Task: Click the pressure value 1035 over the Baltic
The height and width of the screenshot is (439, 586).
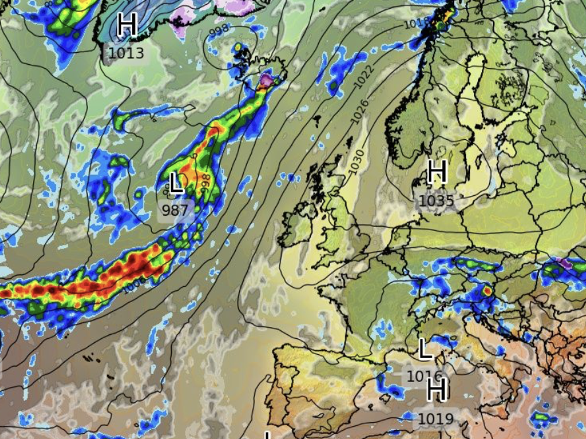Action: coord(436,201)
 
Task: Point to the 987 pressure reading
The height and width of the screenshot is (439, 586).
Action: coord(175,210)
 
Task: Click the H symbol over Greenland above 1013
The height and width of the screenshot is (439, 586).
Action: coord(127,25)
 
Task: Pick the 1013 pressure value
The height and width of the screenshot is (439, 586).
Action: coord(126,53)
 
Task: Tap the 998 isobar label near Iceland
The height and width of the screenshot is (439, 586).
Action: coord(219,30)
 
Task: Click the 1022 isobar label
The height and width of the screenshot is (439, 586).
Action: coord(364,77)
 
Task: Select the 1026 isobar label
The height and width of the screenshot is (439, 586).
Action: coord(360,112)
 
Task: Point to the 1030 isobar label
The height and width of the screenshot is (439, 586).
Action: coord(356,162)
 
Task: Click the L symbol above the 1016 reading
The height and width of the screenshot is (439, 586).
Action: coord(425,349)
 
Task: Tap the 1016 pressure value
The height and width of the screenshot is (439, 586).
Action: coord(424,376)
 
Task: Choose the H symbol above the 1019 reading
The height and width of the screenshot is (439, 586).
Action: coord(437,389)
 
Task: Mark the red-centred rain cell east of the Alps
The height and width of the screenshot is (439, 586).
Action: coord(487,291)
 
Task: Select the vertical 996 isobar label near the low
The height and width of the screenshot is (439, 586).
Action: coord(205,183)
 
